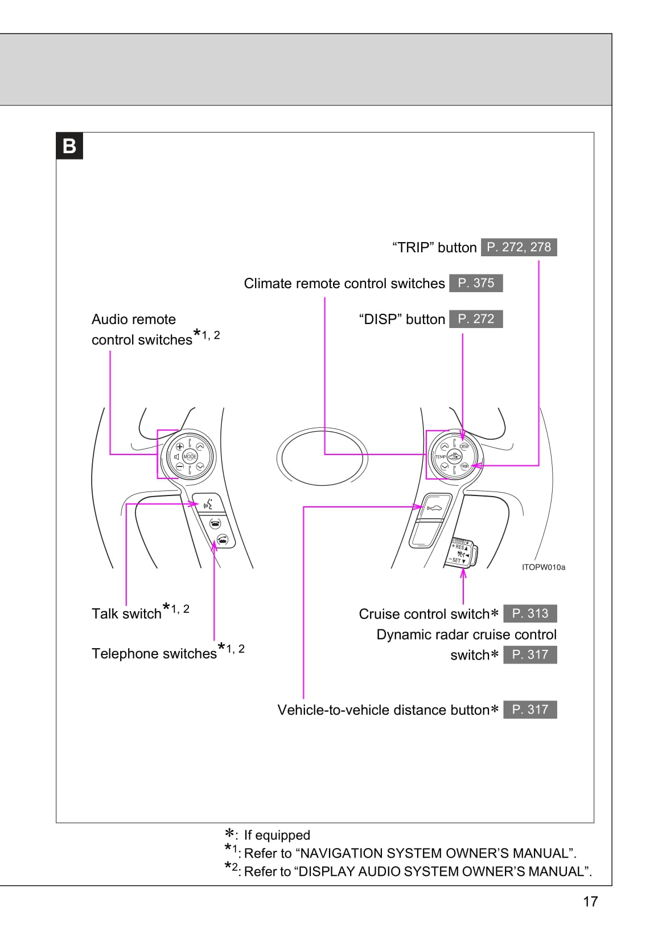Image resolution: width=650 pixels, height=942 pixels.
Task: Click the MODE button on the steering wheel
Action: click(190, 457)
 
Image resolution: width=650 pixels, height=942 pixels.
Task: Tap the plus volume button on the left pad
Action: click(179, 447)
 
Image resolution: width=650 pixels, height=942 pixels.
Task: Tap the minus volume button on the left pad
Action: click(179, 466)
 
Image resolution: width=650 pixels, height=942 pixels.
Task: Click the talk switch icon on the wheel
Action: click(209, 503)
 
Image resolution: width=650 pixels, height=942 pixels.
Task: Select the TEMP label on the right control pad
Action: click(440, 457)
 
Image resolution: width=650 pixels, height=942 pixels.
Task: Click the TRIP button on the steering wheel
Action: click(464, 466)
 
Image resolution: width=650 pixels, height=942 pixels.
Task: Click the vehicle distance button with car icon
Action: click(433, 507)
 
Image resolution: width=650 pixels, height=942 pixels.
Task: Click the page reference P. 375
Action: click(476, 283)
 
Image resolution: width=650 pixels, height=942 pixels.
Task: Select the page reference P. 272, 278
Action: click(519, 247)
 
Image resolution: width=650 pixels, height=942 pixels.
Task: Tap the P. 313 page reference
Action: click(530, 613)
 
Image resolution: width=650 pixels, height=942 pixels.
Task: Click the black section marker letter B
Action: click(69, 146)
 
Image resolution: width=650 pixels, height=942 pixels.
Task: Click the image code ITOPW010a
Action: click(544, 567)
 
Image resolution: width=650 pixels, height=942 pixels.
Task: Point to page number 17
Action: click(590, 901)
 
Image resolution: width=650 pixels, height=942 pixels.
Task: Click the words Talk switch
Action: click(126, 614)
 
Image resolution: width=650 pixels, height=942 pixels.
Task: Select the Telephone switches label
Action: click(154, 654)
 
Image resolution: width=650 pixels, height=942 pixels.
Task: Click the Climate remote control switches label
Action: click(344, 284)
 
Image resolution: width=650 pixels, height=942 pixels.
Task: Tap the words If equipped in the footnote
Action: click(277, 835)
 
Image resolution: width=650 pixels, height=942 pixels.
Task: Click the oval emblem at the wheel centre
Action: click(322, 457)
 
